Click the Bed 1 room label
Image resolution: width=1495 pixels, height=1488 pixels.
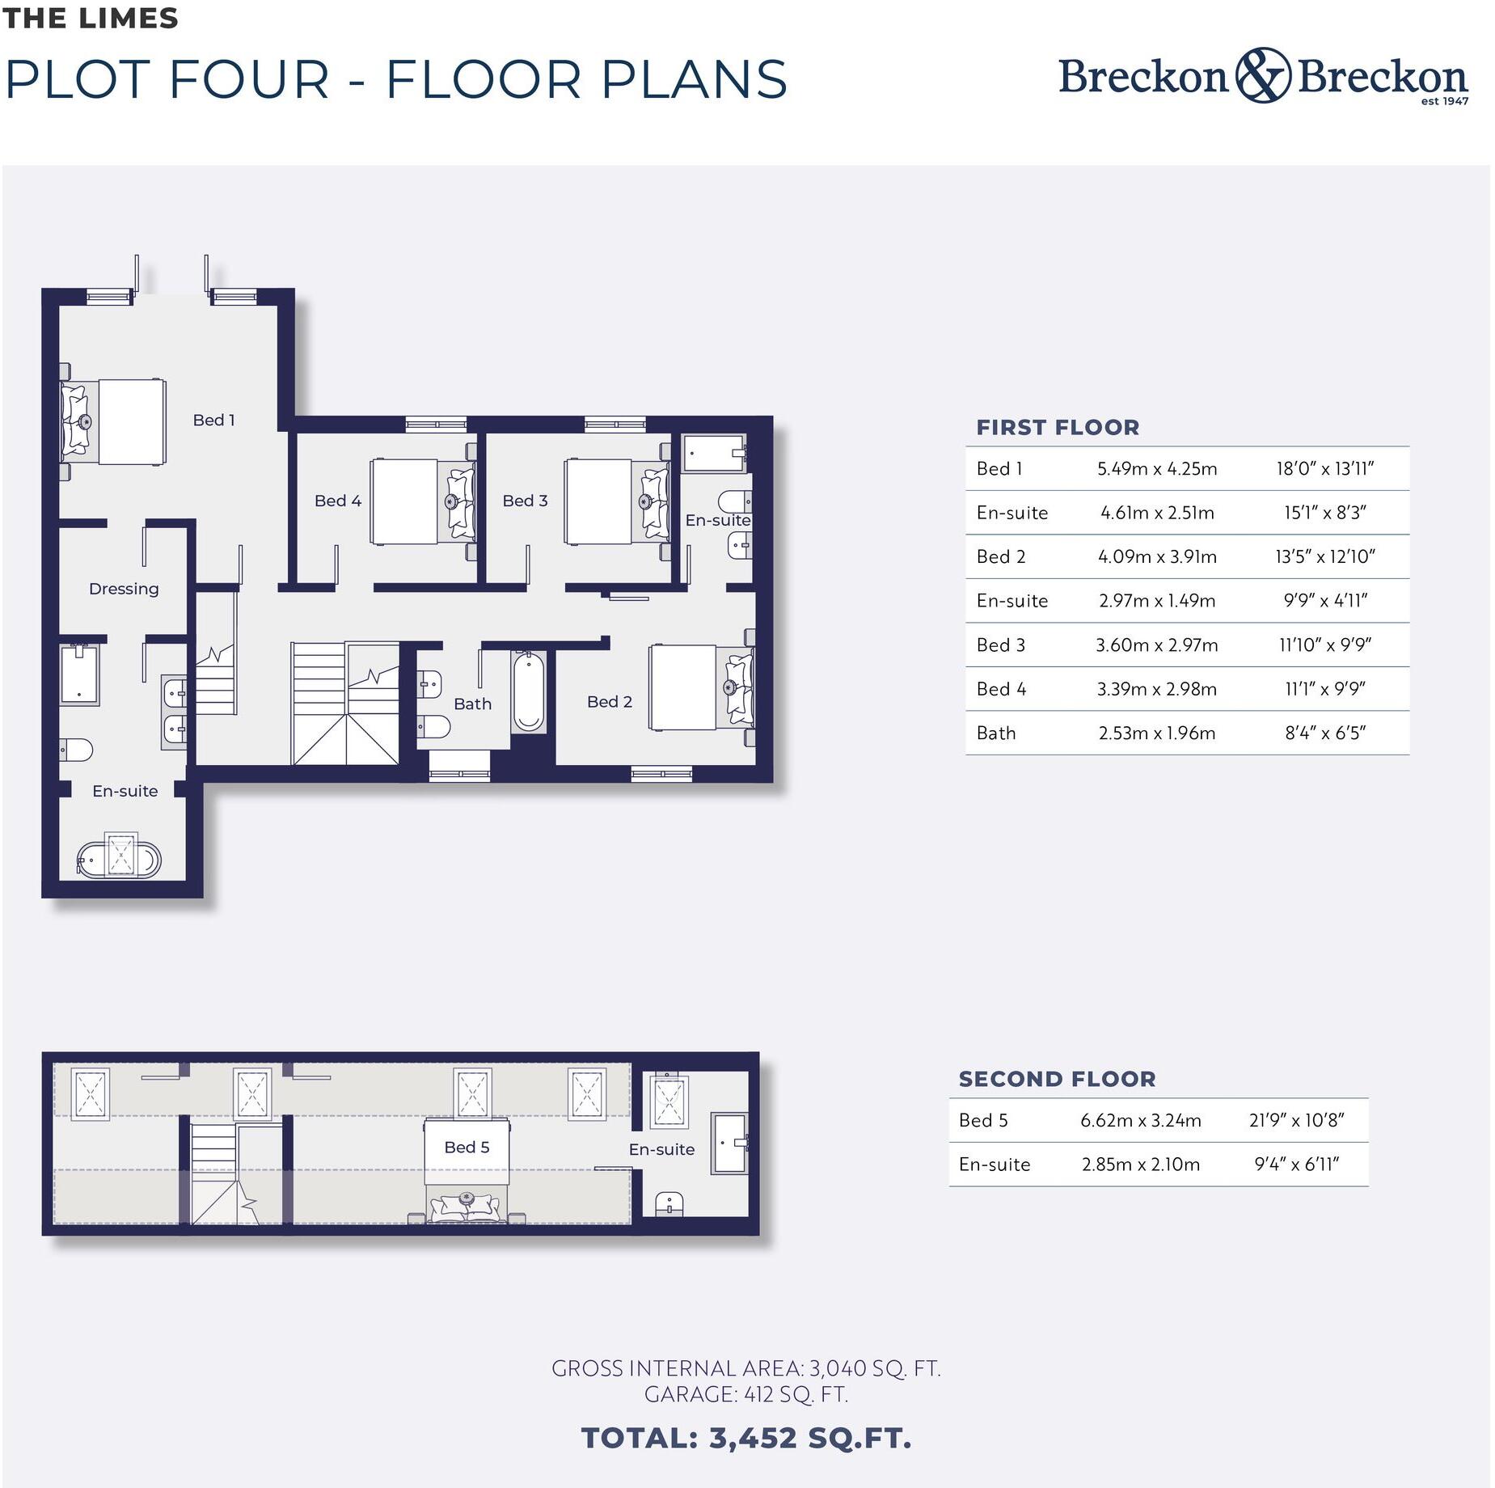(213, 420)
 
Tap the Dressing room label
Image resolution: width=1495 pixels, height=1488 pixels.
(124, 589)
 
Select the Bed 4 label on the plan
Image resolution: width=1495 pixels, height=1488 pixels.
(337, 501)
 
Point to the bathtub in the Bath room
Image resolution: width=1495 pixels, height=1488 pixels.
(528, 692)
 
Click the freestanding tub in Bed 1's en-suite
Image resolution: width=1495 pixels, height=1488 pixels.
(119, 858)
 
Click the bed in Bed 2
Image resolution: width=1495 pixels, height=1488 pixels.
(700, 687)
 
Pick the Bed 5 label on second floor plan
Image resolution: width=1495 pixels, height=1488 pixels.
(467, 1147)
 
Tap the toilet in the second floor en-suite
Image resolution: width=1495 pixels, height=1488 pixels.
(669, 1203)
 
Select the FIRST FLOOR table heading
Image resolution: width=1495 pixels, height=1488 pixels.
(1058, 427)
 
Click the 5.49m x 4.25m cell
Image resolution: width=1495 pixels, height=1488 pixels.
(1156, 469)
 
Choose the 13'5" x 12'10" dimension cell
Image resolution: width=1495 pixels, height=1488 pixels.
(1324, 556)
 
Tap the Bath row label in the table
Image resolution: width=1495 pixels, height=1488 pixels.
(995, 733)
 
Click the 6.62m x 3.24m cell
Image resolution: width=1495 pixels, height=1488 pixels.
(1140, 1120)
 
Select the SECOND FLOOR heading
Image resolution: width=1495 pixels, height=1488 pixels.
(1057, 1079)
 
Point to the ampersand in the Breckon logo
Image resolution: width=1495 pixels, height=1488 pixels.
(1262, 75)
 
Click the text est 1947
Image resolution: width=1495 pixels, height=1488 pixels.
(1444, 101)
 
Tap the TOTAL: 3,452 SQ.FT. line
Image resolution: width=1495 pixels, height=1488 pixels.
(746, 1438)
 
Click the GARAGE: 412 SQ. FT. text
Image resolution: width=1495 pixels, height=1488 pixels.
(745, 1394)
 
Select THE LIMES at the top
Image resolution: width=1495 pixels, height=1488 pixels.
(90, 18)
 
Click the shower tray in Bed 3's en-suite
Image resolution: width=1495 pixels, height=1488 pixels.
(712, 453)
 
